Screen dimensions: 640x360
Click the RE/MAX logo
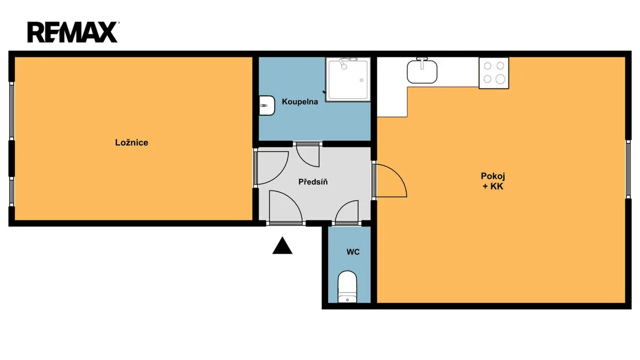(x=73, y=32)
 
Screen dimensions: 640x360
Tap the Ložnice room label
(x=132, y=142)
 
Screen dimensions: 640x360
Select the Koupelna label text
(x=300, y=102)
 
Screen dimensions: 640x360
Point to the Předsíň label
(x=313, y=182)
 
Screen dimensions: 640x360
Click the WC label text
(x=353, y=252)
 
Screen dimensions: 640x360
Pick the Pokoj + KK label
(x=493, y=181)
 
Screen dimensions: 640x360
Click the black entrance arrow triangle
(x=282, y=245)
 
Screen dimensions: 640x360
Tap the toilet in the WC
(x=347, y=286)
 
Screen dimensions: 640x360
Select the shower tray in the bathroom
(x=348, y=79)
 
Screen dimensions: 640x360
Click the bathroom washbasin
(x=267, y=106)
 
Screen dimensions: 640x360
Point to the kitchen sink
(x=422, y=71)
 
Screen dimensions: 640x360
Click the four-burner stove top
(x=494, y=73)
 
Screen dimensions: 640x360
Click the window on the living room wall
(x=628, y=170)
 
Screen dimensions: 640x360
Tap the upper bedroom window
(x=11, y=111)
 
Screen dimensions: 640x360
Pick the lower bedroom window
(x=11, y=191)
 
